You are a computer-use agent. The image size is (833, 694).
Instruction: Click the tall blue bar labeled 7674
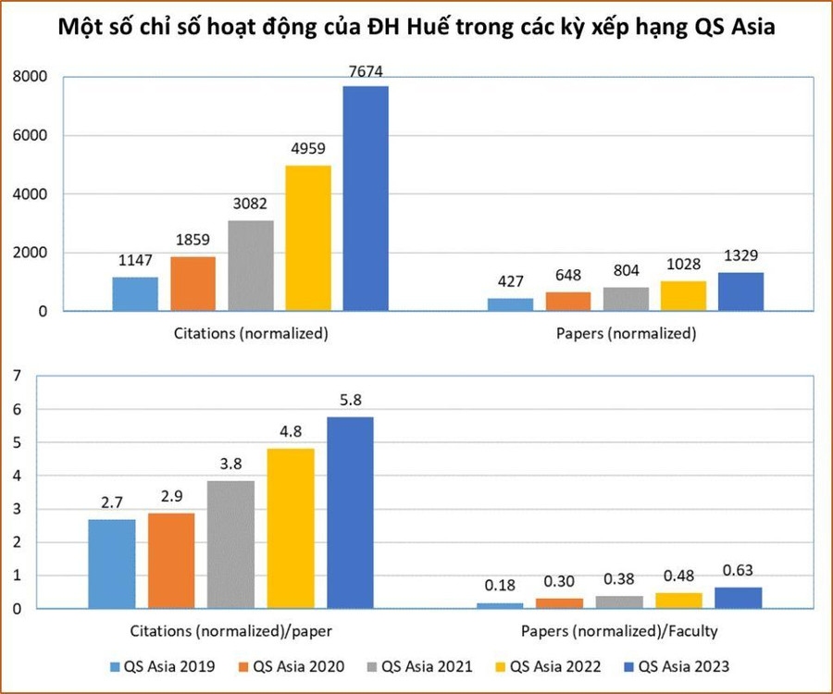point(366,198)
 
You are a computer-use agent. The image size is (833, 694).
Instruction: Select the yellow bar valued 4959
point(308,238)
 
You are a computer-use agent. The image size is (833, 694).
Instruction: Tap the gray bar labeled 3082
point(251,266)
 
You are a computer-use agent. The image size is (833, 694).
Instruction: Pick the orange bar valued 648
point(567,302)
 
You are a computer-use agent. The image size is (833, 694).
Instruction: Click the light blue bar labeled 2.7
point(111,564)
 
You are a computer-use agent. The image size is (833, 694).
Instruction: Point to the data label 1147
point(135,260)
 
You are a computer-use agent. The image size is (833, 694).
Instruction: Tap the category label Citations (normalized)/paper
point(226,631)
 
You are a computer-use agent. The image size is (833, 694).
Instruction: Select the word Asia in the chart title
point(746,29)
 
